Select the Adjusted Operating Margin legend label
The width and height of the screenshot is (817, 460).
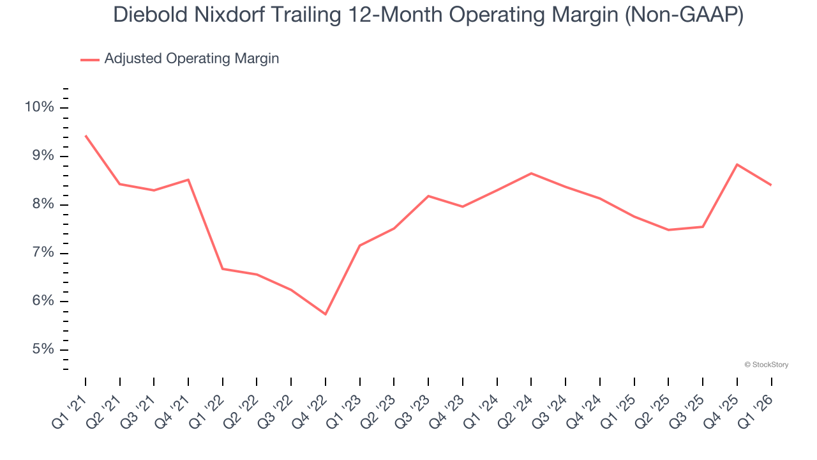pos(191,59)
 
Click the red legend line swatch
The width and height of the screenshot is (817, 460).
pos(90,59)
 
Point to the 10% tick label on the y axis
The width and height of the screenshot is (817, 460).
pos(40,107)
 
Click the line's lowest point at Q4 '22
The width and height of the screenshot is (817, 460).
pos(326,314)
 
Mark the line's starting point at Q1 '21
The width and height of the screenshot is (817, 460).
pos(86,135)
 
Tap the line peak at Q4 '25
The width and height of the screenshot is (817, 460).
pos(737,164)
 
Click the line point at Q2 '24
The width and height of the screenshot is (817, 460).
pos(531,173)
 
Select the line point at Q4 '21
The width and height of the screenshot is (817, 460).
pos(188,180)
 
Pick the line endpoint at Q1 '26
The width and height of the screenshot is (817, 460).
pos(771,185)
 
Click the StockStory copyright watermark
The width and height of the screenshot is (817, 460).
pos(766,365)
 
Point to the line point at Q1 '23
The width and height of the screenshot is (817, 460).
pos(360,245)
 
